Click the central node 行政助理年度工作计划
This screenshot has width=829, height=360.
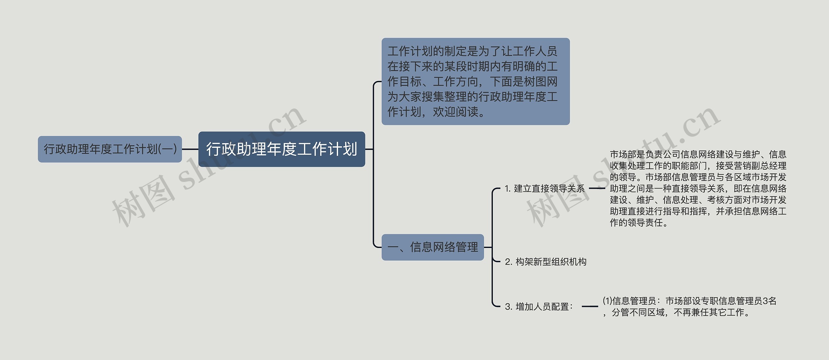click(281, 149)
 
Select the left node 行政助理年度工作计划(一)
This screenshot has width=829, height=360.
click(110, 149)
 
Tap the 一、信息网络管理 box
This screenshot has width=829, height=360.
click(433, 247)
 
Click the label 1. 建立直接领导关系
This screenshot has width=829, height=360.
click(544, 188)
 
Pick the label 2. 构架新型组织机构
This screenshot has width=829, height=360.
click(546, 262)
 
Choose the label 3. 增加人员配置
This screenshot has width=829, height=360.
click(539, 306)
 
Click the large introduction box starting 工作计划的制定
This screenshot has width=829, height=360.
click(475, 81)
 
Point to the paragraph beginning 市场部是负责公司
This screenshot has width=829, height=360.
click(698, 188)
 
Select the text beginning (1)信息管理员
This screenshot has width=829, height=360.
click(689, 306)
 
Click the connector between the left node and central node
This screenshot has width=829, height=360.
click(190, 149)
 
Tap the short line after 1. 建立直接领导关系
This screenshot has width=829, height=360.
click(596, 188)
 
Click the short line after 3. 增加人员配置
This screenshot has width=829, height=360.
click(590, 306)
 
